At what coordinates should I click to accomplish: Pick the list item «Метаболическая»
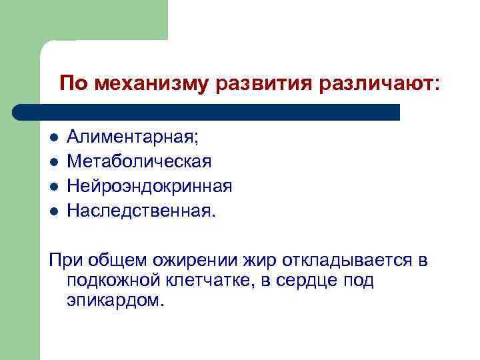[139, 161]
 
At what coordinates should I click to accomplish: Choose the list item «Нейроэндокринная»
[149, 186]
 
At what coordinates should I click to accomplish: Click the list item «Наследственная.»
[142, 211]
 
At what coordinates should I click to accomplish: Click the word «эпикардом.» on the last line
[115, 301]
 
